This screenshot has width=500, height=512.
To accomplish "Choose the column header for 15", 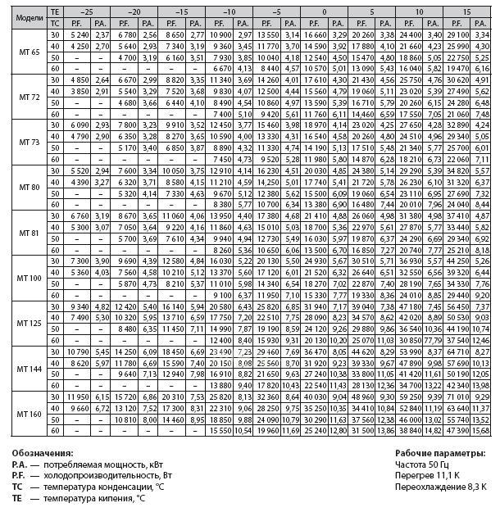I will pos(466,12).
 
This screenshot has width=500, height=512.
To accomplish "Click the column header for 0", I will pos(324,12).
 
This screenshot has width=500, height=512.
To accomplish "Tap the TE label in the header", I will pos(55,12).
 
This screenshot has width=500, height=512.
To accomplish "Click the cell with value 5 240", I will pos(80,35).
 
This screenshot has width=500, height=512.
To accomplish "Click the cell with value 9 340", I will pos(80,306).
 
